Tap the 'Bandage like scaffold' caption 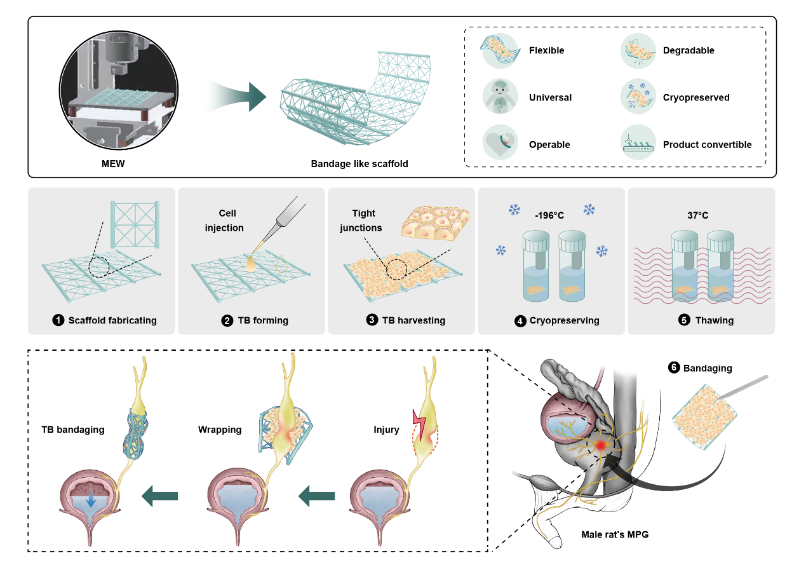[359, 163]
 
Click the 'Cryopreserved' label [696, 98]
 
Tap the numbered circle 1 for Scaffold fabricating [59, 320]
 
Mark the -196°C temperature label [550, 215]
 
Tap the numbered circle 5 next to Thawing [683, 320]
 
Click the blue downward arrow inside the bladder [91, 501]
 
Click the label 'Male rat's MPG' [615, 534]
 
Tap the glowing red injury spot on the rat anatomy [599, 447]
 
